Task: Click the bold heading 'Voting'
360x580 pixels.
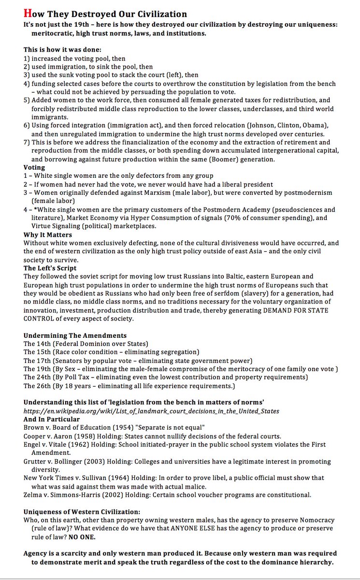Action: (x=34, y=167)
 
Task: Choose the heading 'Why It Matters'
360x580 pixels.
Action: (x=48, y=235)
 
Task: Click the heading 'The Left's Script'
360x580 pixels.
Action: (x=50, y=268)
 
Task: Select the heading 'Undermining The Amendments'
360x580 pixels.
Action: (x=75, y=335)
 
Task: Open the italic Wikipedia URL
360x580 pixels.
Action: (x=151, y=411)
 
